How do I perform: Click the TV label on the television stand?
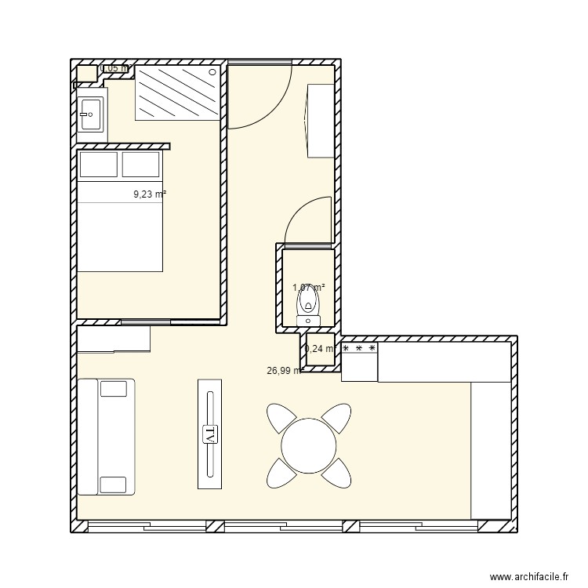tap(209, 434)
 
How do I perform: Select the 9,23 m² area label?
tap(150, 194)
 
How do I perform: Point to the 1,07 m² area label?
tap(308, 288)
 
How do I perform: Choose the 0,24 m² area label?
tap(320, 349)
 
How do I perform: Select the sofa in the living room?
tap(106, 437)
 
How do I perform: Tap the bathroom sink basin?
tap(89, 115)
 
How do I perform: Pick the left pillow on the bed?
tap(99, 165)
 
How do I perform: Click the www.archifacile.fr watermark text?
tap(528, 577)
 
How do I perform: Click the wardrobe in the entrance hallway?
tap(321, 120)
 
